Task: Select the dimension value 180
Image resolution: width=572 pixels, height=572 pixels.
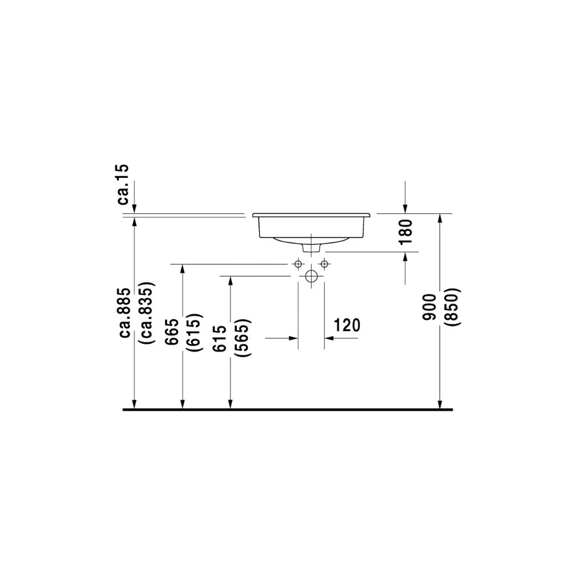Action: (406, 232)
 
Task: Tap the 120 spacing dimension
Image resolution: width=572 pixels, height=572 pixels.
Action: (347, 325)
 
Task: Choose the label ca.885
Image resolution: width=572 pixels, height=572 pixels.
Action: (125, 313)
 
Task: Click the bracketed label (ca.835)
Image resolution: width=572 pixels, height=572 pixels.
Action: (148, 313)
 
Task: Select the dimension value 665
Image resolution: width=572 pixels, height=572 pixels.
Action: (172, 332)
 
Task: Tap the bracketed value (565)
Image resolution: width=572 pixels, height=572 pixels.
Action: (242, 337)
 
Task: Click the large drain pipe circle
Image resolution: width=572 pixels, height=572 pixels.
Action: (311, 276)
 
